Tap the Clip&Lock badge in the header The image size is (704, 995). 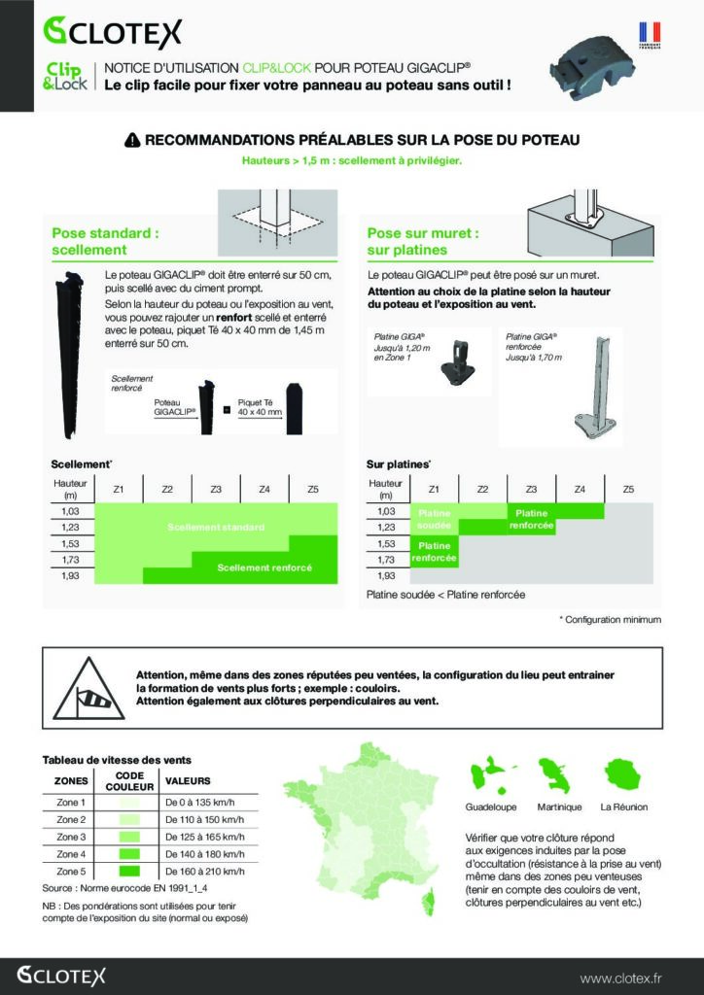[x=65, y=77]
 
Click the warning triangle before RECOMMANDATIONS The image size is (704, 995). [x=132, y=141]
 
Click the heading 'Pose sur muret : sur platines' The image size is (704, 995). [x=422, y=242]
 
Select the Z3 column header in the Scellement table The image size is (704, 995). [x=216, y=489]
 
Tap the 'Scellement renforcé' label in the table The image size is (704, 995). [x=264, y=567]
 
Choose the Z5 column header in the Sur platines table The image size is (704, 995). [x=628, y=489]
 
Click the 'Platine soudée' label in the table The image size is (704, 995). [x=434, y=519]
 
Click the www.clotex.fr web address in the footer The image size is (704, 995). [x=620, y=977]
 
